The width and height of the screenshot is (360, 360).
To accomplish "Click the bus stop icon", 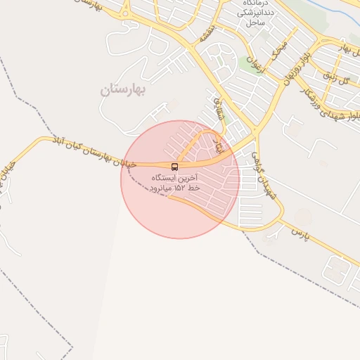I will tap(174, 167).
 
